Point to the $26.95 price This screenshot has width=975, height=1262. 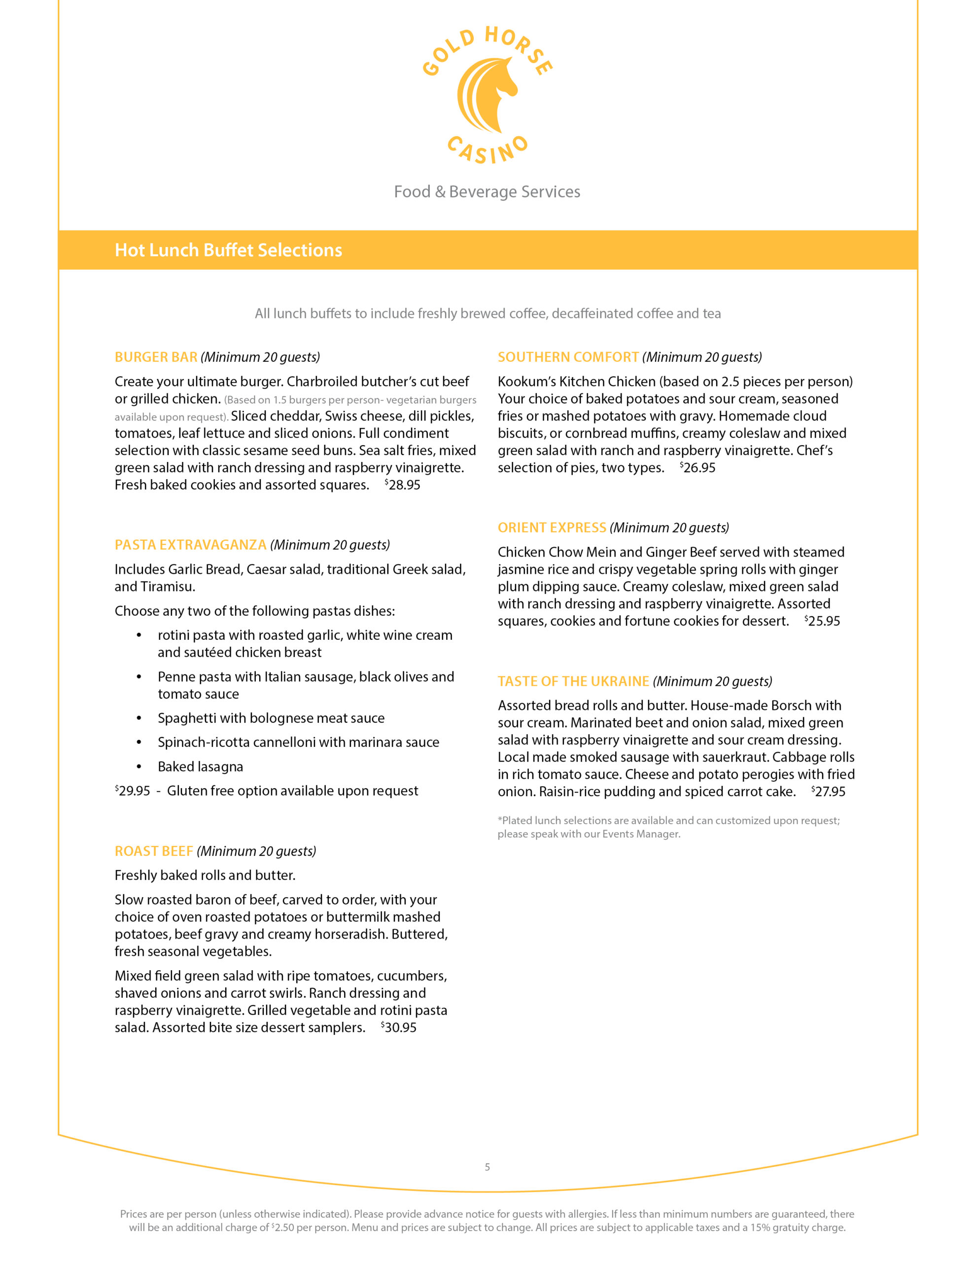(x=697, y=468)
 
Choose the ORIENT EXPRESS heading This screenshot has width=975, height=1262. (x=552, y=527)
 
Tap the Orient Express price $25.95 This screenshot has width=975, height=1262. (x=822, y=621)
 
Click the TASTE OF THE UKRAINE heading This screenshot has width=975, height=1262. (x=573, y=681)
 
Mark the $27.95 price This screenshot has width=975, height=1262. (x=828, y=792)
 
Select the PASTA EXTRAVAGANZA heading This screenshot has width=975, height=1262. (x=190, y=545)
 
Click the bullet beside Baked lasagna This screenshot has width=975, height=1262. (x=139, y=767)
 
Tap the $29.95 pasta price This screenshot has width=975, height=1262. (x=133, y=791)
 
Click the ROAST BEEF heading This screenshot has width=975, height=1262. (x=154, y=851)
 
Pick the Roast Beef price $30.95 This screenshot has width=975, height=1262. (x=399, y=1027)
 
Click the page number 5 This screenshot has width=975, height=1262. (x=487, y=1167)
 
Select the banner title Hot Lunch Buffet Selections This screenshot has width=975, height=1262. (x=228, y=250)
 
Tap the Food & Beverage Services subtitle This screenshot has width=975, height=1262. (x=487, y=192)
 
